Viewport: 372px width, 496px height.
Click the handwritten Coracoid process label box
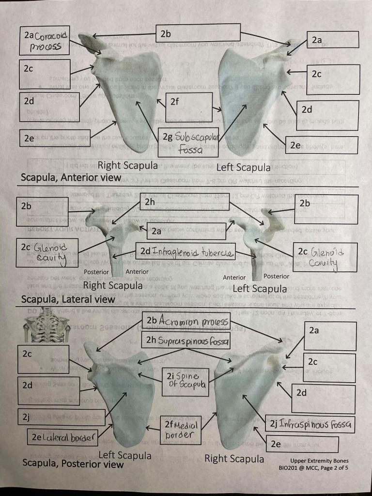pyautogui.click(x=44, y=41)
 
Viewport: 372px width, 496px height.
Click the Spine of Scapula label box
pyautogui.click(x=186, y=382)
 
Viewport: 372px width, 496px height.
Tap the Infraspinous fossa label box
pyautogui.click(x=310, y=425)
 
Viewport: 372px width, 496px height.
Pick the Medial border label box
pyautogui.click(x=179, y=430)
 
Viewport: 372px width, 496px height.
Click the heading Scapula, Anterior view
pyautogui.click(x=71, y=178)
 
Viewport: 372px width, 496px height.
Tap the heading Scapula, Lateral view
pyautogui.click(x=68, y=299)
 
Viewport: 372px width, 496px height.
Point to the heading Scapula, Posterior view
pyautogui.click(x=73, y=464)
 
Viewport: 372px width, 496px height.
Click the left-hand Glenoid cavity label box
pyautogui.click(x=46, y=252)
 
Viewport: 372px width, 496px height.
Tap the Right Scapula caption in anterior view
pyautogui.click(x=127, y=166)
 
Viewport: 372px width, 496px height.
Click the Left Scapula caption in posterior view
pyautogui.click(x=125, y=455)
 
